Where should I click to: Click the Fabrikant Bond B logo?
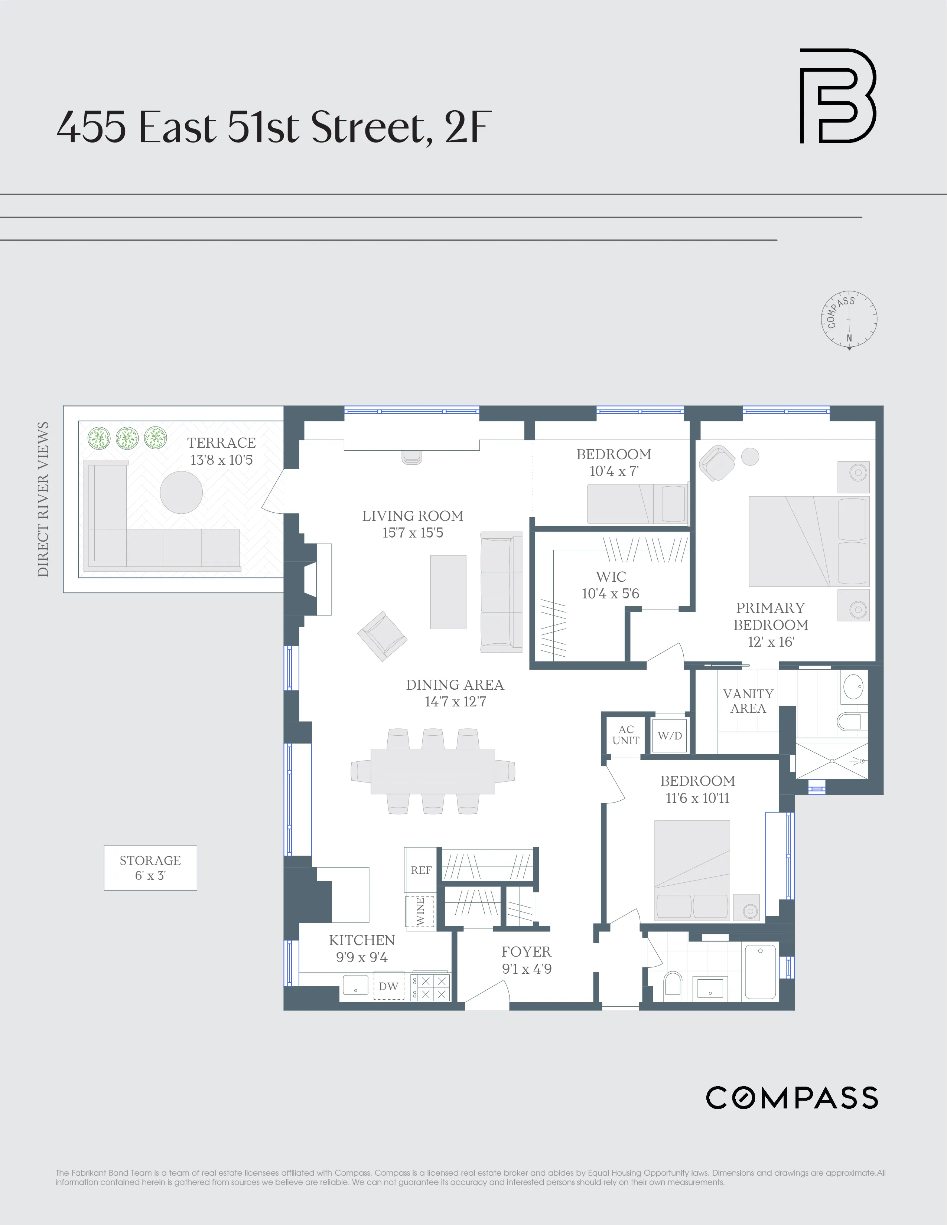837,96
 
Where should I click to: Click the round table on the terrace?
181,492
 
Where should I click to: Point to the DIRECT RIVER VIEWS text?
43,499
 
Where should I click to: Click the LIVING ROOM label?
412,516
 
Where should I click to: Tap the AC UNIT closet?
625,735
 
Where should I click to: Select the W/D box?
670,735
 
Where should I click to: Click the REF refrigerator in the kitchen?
421,870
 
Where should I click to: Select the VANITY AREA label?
748,701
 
